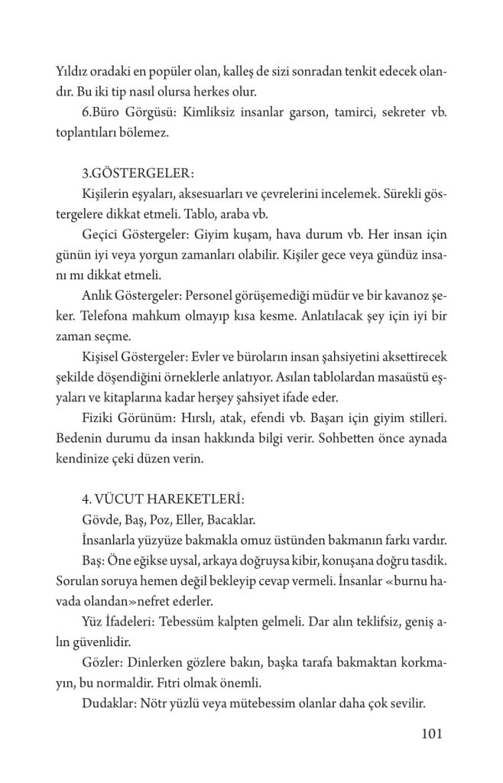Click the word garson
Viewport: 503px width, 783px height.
tap(295, 113)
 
